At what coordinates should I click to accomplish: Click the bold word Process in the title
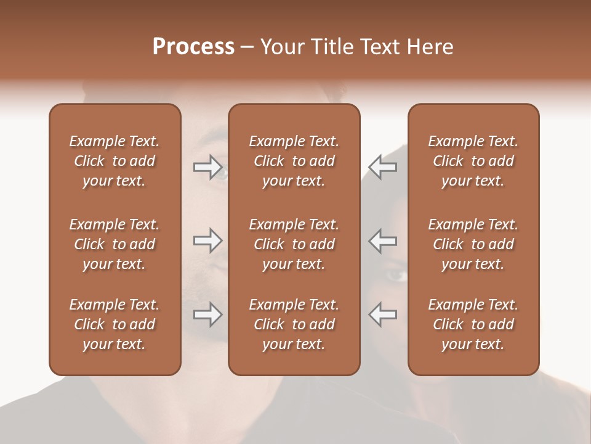[x=193, y=47]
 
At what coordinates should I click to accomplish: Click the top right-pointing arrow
[x=207, y=166]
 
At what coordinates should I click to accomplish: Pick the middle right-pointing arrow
[x=207, y=240]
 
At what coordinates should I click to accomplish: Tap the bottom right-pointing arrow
[x=207, y=314]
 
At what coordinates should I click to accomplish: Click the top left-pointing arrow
[x=383, y=166]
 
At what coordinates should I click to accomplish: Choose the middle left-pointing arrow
[x=383, y=240]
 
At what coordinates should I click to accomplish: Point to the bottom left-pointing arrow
[x=383, y=314]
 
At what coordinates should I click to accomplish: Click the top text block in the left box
[x=115, y=161]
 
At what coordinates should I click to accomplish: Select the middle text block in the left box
[x=115, y=244]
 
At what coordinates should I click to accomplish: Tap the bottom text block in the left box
[x=115, y=324]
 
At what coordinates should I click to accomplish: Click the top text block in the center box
[x=294, y=161]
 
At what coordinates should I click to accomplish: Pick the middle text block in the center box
[x=294, y=244]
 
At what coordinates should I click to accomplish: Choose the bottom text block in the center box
[x=294, y=324]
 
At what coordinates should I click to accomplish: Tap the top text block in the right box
[x=473, y=161]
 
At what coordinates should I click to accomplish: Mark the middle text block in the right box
[x=473, y=244]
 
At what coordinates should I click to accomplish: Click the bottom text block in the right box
[x=473, y=324]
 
